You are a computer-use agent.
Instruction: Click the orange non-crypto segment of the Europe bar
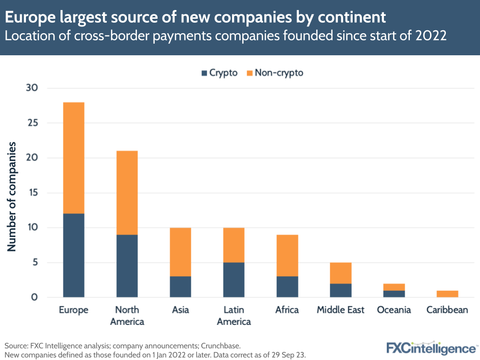[74, 158]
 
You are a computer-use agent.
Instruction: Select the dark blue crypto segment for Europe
[74, 255]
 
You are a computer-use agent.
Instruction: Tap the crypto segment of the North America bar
[127, 266]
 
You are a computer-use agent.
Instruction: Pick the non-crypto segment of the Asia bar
[180, 252]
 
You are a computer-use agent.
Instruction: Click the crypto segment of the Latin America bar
[234, 280]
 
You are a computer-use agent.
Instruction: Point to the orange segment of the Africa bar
[287, 255]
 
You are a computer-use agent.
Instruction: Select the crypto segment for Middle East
[340, 290]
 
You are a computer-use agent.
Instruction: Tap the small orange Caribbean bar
[447, 294]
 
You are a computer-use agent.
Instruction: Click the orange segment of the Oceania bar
[394, 287]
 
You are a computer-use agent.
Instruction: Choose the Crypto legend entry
[219, 73]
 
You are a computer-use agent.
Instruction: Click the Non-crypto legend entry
[274, 73]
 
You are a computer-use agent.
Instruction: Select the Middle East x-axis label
[340, 310]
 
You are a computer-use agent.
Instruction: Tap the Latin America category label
[234, 315]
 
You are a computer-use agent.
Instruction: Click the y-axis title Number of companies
[12, 196]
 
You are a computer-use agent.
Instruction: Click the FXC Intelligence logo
[431, 347]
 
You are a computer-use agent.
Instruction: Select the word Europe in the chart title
[31, 17]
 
